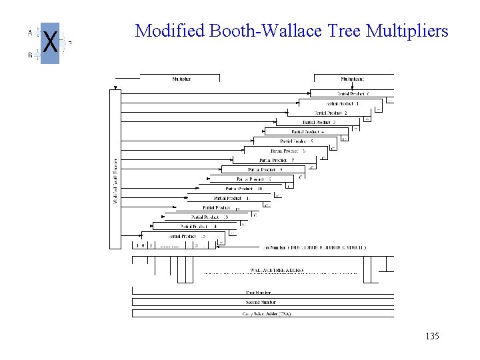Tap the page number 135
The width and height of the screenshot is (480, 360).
coord(431,337)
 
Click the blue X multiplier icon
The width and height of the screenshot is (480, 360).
coord(50,43)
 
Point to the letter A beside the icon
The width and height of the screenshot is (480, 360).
coord(29,31)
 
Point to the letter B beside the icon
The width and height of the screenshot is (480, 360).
coord(30,55)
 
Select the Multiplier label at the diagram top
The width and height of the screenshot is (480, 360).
coord(181,79)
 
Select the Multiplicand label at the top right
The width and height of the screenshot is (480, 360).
coord(354,79)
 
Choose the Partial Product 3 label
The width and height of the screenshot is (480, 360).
coord(319,122)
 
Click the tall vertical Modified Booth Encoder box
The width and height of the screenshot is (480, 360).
coord(115,170)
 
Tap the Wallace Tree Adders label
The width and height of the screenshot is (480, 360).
coord(277,270)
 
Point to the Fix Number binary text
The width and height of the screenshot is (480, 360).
coord(316,247)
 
